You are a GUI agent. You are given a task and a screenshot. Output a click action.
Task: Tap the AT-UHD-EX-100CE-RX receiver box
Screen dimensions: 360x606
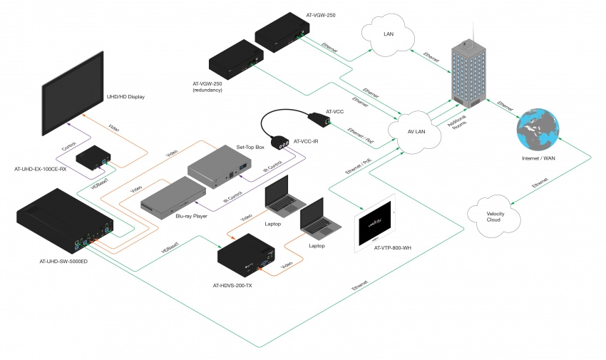click(93, 159)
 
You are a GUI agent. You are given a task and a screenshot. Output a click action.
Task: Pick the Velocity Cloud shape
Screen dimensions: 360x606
click(495, 215)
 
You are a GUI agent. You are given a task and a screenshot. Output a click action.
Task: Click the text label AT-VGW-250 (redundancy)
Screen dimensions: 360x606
click(207, 87)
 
